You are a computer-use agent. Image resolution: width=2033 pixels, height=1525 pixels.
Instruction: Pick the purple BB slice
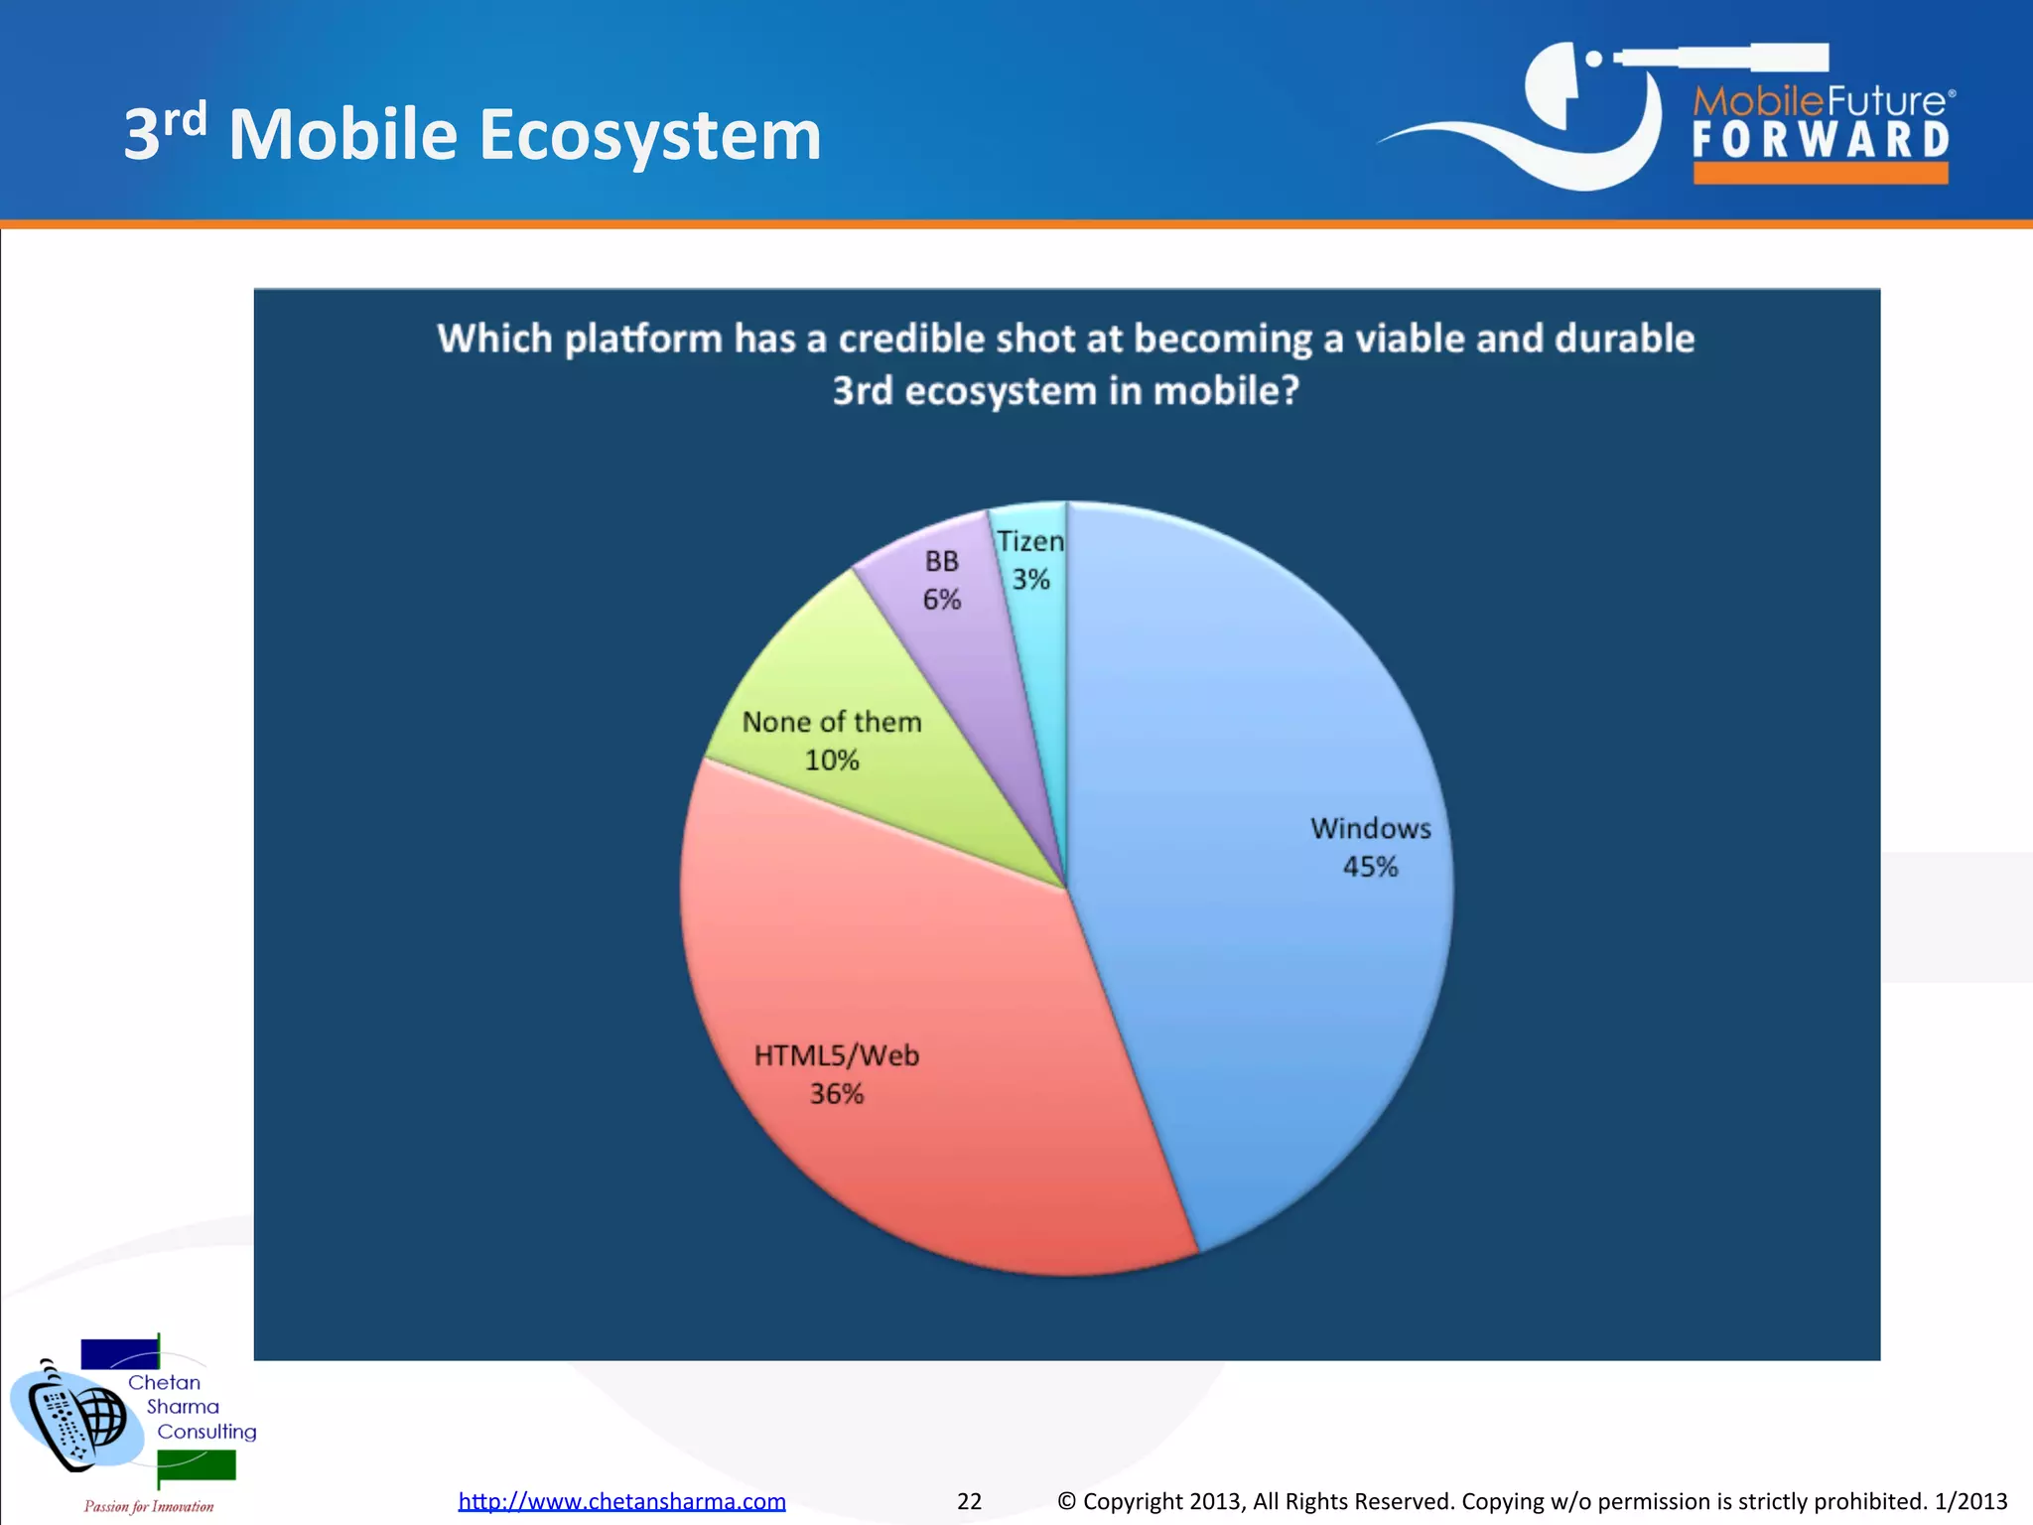tap(968, 645)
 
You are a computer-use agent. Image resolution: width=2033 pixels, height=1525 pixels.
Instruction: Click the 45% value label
tap(1370, 867)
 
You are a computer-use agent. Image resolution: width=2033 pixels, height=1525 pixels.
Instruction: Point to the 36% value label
tap(837, 1094)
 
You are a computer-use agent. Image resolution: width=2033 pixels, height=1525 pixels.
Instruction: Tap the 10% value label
tap(832, 761)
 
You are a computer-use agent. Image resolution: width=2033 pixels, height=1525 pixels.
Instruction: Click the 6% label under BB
tap(942, 600)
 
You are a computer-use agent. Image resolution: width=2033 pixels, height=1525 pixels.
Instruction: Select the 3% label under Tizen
tap(1030, 580)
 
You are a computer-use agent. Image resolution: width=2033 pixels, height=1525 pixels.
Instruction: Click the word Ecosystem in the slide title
tap(650, 136)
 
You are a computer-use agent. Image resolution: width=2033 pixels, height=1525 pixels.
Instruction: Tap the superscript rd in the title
tap(185, 119)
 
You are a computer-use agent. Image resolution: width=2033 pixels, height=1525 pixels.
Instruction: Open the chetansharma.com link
tap(621, 1501)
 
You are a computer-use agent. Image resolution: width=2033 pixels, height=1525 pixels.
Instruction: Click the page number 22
tap(969, 1501)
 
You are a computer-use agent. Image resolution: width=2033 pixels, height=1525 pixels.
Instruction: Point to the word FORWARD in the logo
tap(1821, 140)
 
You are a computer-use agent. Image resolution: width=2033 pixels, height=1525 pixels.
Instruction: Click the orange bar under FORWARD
tap(1821, 174)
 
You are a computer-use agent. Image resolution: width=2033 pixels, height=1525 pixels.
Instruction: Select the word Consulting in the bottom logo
tap(206, 1432)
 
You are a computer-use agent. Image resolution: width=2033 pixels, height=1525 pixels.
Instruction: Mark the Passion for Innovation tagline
tap(149, 1506)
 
